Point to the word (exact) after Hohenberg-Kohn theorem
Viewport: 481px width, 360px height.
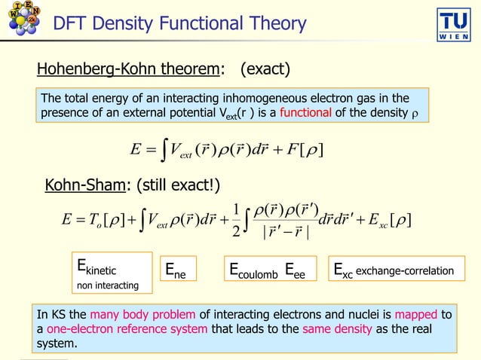[x=265, y=70]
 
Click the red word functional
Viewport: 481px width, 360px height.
[x=308, y=114]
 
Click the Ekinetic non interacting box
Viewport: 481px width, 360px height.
[x=112, y=274]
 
